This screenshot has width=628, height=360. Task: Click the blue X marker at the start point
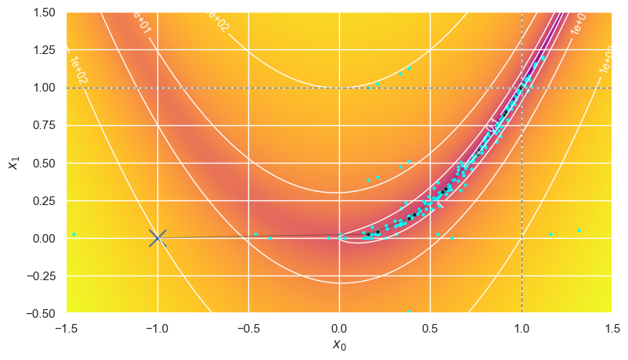click(157, 237)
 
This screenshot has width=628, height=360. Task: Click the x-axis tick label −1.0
click(157, 327)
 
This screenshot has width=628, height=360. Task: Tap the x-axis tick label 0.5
click(430, 327)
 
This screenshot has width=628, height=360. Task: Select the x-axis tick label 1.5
click(612, 327)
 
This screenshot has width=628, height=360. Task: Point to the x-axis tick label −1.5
click(67, 327)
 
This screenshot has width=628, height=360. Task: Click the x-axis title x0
click(339, 344)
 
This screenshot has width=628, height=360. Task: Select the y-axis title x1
click(13, 163)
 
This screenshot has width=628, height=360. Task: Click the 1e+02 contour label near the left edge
click(77, 71)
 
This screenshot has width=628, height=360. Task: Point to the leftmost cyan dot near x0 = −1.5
click(74, 234)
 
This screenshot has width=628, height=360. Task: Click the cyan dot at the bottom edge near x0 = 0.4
click(408, 311)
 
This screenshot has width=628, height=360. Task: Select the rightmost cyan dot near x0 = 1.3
click(579, 230)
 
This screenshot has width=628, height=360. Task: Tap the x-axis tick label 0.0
click(339, 327)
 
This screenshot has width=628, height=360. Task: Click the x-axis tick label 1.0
click(521, 327)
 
